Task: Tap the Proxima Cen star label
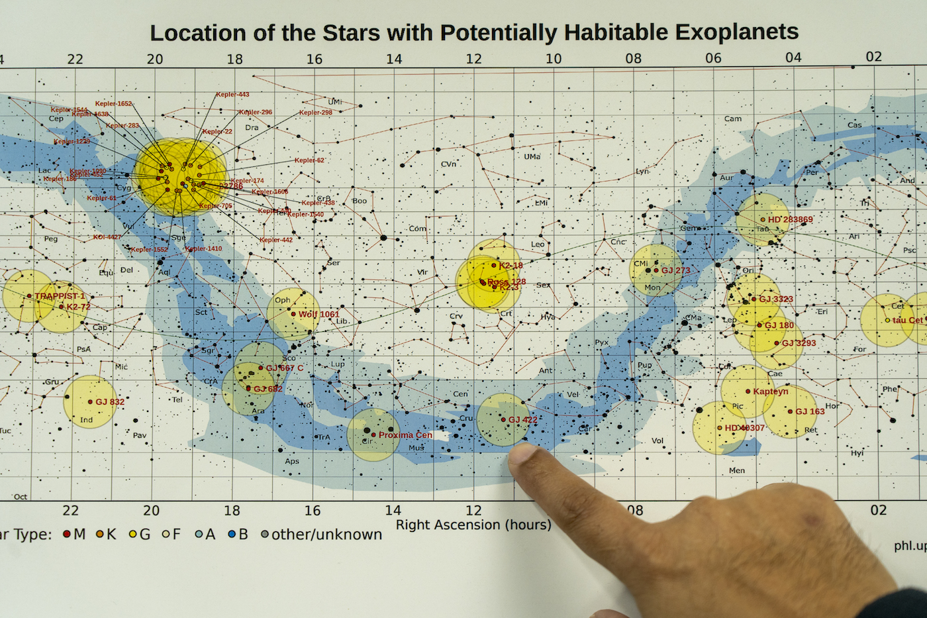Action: pos(405,435)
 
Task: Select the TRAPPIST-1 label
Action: pos(60,296)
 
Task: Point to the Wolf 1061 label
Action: pos(318,314)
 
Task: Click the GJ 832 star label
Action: pos(110,401)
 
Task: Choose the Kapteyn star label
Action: pos(770,391)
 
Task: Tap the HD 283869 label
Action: pos(790,219)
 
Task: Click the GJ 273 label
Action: pos(675,270)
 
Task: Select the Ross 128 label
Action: pos(507,282)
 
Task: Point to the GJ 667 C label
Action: pos(285,368)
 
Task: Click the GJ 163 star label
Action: pos(810,411)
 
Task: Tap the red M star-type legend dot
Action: pos(67,534)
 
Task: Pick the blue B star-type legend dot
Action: pos(232,534)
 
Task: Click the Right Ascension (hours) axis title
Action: pos(473,525)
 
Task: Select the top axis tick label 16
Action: pos(314,59)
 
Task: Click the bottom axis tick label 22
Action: pos(70,510)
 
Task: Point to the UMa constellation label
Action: pos(532,157)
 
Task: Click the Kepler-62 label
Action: pos(309,160)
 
